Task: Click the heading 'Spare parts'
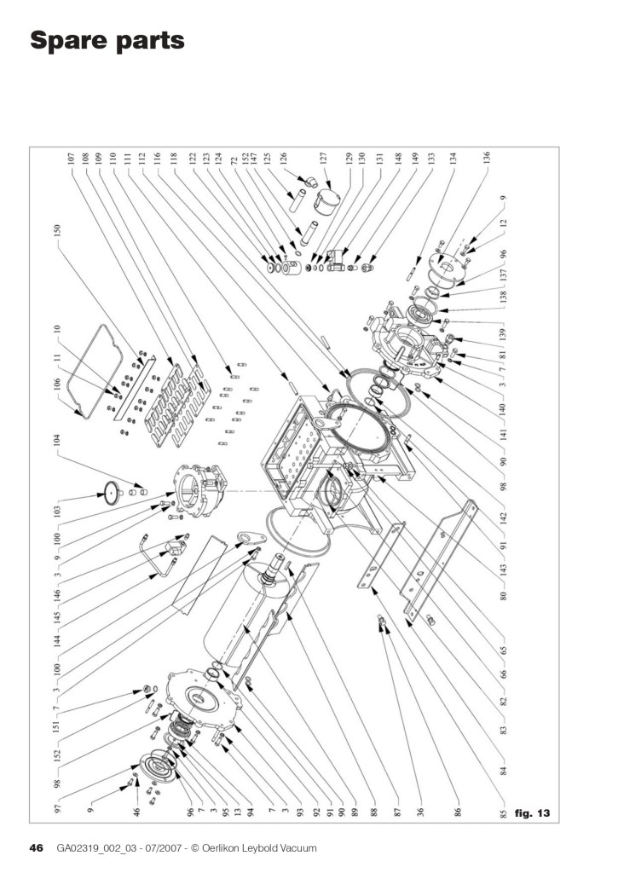107,39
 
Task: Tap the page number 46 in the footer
37,847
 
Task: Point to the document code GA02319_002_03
101,847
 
